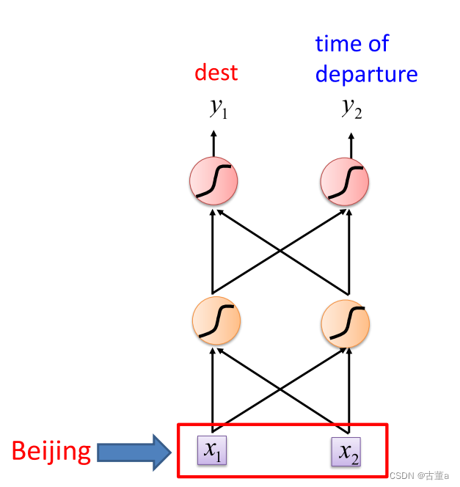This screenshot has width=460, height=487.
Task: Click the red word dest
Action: coord(216,73)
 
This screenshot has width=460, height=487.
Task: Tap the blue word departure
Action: coord(366,74)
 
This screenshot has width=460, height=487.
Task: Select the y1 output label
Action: coord(218,109)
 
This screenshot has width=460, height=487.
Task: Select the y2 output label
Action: coord(351,108)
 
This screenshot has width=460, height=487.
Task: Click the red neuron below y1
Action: coord(213,180)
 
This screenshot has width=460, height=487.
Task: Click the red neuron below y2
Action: coord(345,180)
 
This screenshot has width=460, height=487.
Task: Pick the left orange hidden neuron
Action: coord(216,321)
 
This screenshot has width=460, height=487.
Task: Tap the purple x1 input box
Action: coord(213,450)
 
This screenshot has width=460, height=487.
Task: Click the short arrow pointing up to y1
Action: coord(213,143)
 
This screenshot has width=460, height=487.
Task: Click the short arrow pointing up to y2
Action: coord(351,144)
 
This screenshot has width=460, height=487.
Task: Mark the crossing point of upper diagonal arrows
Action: coord(280,252)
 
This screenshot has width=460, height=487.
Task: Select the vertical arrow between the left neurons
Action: coord(213,253)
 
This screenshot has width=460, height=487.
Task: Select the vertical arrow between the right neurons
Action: coord(348,253)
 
